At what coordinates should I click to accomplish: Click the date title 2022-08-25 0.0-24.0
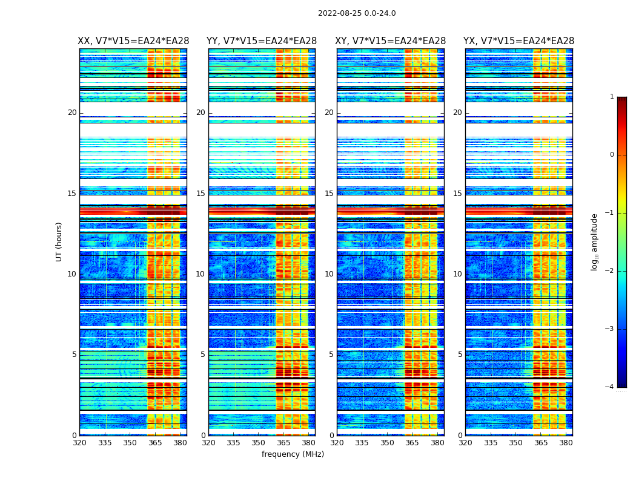coord(357,13)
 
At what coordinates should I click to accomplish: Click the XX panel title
coord(133,41)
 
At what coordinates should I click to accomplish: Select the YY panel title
coord(262,41)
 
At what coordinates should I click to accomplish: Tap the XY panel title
coord(391,41)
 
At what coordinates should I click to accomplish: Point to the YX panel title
coord(518,41)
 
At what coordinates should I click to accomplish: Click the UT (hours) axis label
coord(59,241)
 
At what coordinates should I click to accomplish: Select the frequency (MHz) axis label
coord(293,454)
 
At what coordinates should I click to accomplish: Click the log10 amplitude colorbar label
coord(595,241)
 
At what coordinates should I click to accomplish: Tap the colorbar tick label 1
coord(612,97)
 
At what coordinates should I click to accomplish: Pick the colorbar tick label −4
coord(610,387)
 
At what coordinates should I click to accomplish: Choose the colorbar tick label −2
coord(610,271)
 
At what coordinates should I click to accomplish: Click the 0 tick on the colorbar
coord(612,155)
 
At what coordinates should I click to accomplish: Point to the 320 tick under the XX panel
coord(79,443)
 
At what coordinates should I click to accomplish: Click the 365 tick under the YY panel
coord(283,443)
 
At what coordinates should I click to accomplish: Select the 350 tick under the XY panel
coord(387,443)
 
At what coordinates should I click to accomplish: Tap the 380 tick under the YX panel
coord(566,443)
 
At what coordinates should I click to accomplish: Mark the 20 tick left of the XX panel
coord(72,113)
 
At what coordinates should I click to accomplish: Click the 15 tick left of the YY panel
coord(200,194)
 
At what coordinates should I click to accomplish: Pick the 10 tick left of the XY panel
coord(329,274)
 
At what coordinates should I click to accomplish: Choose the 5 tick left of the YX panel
coord(460,355)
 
